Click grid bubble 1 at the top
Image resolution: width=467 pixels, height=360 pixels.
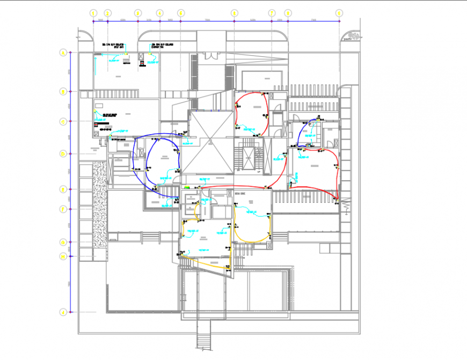93,12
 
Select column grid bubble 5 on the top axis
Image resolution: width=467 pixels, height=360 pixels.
180,12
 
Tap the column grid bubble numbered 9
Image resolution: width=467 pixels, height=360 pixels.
339,12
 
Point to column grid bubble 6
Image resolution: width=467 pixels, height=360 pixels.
234,12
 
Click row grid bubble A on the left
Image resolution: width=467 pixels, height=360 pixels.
63,53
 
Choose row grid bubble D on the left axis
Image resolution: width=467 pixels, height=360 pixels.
63,154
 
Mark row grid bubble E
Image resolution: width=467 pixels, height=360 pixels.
63,189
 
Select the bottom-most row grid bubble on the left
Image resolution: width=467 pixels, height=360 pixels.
63,311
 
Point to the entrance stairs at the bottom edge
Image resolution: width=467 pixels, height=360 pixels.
204,341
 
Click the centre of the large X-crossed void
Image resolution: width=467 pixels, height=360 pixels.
210,142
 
